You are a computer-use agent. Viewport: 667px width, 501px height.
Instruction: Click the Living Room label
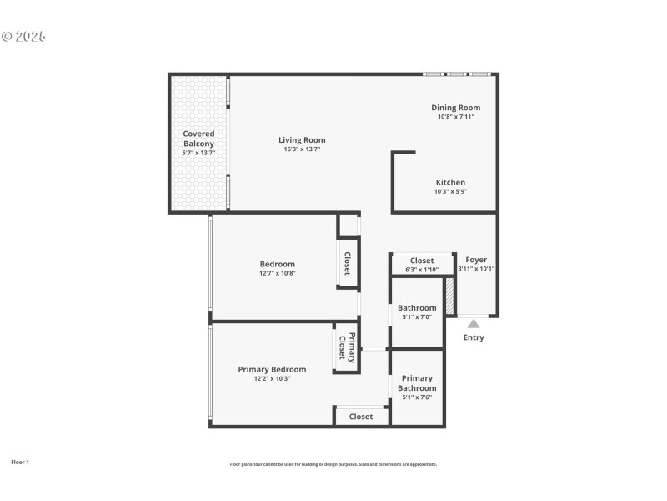pyautogui.click(x=302, y=139)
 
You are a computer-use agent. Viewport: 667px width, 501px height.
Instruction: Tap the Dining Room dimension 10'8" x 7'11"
pyautogui.click(x=455, y=117)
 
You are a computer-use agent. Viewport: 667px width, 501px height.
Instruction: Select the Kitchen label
pyautogui.click(x=450, y=182)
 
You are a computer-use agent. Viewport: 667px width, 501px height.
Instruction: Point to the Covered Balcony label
pyautogui.click(x=198, y=139)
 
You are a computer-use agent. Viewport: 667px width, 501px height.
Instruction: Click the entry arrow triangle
pyautogui.click(x=473, y=323)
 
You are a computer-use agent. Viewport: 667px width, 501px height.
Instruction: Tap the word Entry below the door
pyautogui.click(x=473, y=337)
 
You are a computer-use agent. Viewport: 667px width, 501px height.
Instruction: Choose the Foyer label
pyautogui.click(x=476, y=260)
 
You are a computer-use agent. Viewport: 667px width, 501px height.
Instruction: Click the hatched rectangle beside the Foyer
pyautogui.click(x=449, y=296)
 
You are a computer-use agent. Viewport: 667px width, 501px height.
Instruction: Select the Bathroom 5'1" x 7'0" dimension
pyautogui.click(x=417, y=317)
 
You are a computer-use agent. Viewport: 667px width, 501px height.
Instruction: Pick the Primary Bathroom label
pyautogui.click(x=417, y=382)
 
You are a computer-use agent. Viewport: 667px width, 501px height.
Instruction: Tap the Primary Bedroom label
pyautogui.click(x=272, y=369)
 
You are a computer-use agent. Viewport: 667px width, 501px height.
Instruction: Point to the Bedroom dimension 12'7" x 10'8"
pyautogui.click(x=277, y=273)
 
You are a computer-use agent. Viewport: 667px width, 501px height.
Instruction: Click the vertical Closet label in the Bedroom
pyautogui.click(x=347, y=264)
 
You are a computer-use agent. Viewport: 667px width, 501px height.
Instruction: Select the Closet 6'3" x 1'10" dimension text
pyautogui.click(x=422, y=270)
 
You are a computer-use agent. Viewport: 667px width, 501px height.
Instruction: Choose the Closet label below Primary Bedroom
pyautogui.click(x=361, y=416)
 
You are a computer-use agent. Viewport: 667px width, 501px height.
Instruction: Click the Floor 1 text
pyautogui.click(x=20, y=462)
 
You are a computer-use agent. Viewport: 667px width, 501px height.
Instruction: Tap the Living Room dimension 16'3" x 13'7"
pyautogui.click(x=302, y=149)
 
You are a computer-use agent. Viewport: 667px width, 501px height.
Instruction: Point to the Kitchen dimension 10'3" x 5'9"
pyautogui.click(x=450, y=191)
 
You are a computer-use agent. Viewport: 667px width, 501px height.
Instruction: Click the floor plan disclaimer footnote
pyautogui.click(x=333, y=464)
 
